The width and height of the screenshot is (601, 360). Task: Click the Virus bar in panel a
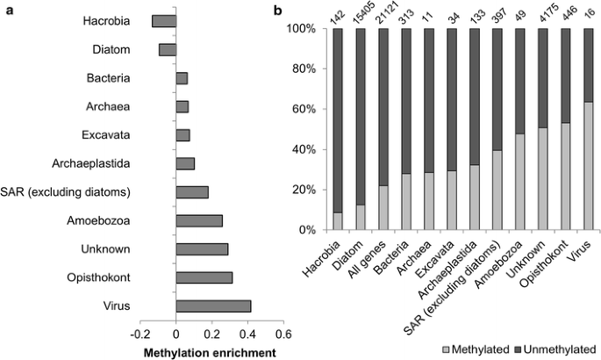tap(213, 306)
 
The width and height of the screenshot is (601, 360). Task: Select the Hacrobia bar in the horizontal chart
tap(163, 20)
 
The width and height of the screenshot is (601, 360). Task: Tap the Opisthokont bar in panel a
tap(204, 277)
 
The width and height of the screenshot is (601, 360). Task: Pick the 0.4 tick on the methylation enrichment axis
tap(247, 334)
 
